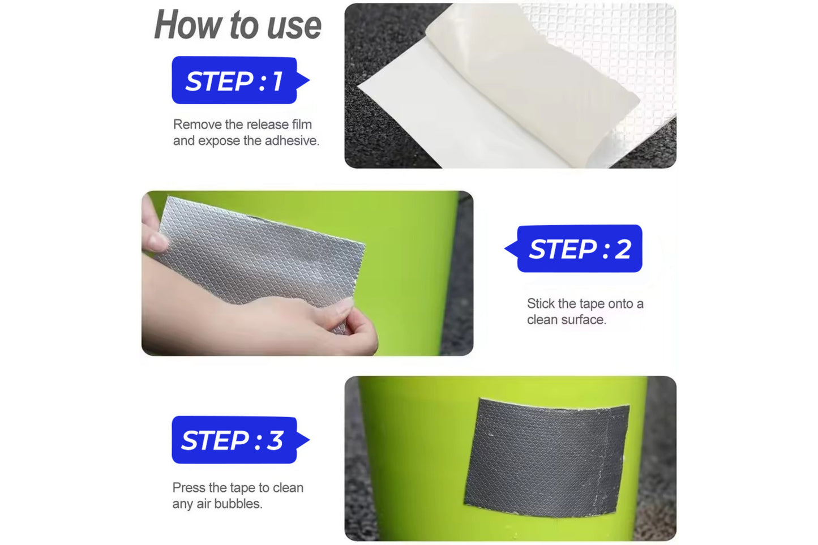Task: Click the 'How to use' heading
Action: point(238,25)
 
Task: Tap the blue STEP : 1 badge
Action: point(240,80)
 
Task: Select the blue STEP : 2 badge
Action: point(573,248)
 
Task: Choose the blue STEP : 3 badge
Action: point(240,440)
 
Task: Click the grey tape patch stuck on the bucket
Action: point(546,458)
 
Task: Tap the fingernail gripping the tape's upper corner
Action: point(159,241)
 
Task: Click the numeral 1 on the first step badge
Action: point(277,81)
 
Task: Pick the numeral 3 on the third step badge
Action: point(275,440)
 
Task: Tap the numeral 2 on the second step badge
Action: point(623,249)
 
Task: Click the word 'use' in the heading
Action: point(294,27)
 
